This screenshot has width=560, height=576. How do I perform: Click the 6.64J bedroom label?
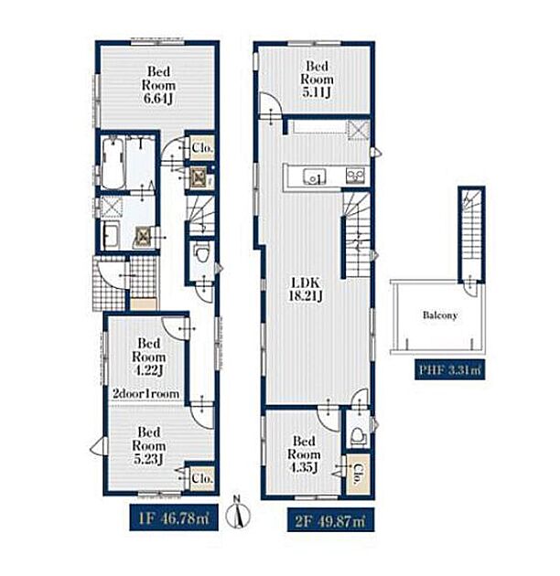(x=158, y=85)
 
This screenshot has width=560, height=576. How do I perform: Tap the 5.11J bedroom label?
(x=317, y=80)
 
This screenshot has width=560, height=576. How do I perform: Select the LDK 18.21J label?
(x=306, y=289)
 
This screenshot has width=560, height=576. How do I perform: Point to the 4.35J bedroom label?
(x=304, y=454)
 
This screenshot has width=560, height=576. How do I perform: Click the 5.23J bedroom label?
(x=148, y=445)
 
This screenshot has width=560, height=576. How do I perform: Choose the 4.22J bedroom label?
(x=148, y=357)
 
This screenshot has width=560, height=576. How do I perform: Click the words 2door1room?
(x=146, y=394)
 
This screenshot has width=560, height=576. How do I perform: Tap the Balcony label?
(x=440, y=315)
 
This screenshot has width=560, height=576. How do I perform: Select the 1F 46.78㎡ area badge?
(x=174, y=517)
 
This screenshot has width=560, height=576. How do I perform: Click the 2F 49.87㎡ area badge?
(x=330, y=519)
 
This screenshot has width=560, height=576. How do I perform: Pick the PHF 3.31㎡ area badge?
(x=449, y=369)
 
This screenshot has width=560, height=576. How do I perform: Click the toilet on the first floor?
(x=200, y=252)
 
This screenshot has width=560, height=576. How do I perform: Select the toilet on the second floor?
(x=358, y=436)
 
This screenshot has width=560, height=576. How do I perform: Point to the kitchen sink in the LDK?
(x=315, y=176)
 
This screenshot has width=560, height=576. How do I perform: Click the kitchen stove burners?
(x=355, y=176)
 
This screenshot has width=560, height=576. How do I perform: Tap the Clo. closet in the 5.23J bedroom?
(x=202, y=477)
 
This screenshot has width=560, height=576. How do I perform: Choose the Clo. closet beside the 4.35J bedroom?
(x=358, y=475)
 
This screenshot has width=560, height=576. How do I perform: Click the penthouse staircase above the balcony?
(x=471, y=233)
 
